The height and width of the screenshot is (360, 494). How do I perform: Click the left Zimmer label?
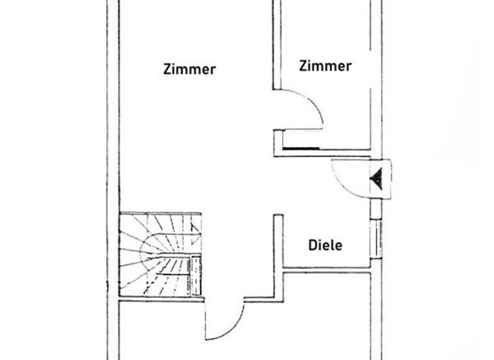tap(190, 69)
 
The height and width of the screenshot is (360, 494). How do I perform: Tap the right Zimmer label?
tap(325, 66)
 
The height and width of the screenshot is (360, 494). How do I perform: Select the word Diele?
tap(325, 244)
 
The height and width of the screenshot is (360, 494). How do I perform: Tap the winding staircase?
tap(161, 255)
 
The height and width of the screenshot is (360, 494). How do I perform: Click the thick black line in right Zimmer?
tap(301, 148)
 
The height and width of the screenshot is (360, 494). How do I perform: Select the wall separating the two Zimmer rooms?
tap(277, 45)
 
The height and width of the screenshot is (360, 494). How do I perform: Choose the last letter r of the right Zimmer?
tap(349, 66)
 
